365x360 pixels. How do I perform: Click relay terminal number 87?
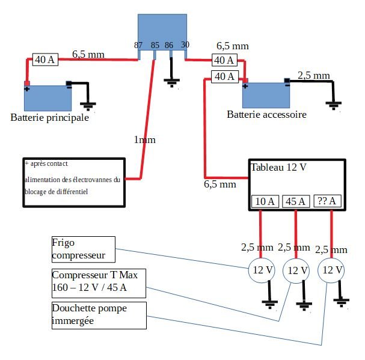click(x=138, y=46)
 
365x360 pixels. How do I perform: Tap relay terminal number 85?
click(x=155, y=46)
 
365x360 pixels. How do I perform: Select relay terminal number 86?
click(x=169, y=46)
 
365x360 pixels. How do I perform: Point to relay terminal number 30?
click(x=185, y=46)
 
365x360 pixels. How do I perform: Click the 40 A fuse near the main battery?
click(x=44, y=59)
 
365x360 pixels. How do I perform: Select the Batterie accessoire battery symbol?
click(x=266, y=94)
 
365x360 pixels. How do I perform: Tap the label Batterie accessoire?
click(x=266, y=114)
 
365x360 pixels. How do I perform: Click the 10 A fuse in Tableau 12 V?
click(x=265, y=201)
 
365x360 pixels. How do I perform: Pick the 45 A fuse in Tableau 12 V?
click(x=296, y=201)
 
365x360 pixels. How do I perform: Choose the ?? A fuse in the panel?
click(x=327, y=201)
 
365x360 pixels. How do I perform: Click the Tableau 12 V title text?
click(x=278, y=168)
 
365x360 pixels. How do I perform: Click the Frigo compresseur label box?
click(x=82, y=249)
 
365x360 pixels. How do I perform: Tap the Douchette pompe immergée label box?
click(x=98, y=315)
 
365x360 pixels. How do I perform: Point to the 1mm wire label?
click(x=144, y=140)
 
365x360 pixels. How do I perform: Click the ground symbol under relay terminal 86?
click(x=173, y=82)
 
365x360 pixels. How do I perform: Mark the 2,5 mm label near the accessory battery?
click(x=314, y=76)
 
